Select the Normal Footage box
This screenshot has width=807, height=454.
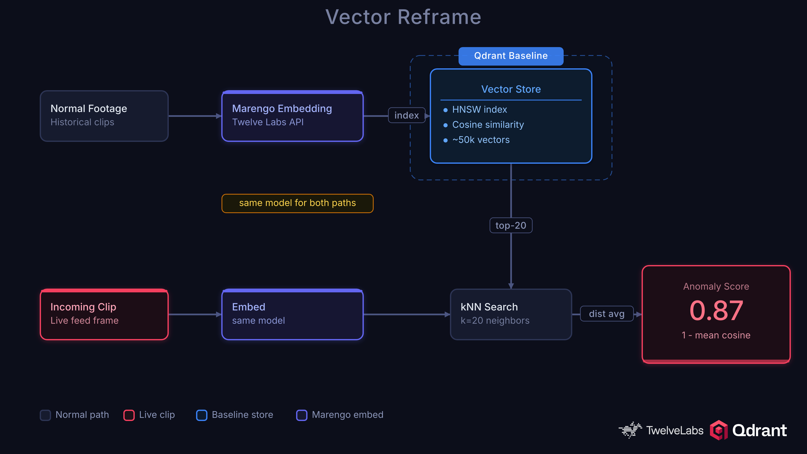(x=104, y=116)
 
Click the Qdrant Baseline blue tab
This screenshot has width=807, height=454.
(x=511, y=56)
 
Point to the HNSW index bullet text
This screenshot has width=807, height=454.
(x=479, y=109)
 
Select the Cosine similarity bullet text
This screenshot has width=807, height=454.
(x=488, y=125)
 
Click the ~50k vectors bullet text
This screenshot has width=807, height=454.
(x=481, y=140)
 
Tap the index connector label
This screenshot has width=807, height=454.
(x=406, y=115)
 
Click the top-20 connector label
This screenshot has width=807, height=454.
(x=511, y=225)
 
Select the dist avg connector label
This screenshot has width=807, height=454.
(x=607, y=314)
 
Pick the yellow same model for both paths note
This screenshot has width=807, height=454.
(x=297, y=203)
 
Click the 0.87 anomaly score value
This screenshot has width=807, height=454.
(x=716, y=310)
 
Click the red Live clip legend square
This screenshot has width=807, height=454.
(x=129, y=415)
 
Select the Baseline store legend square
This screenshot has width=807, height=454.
(x=202, y=415)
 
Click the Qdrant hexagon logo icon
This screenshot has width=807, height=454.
(x=719, y=430)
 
